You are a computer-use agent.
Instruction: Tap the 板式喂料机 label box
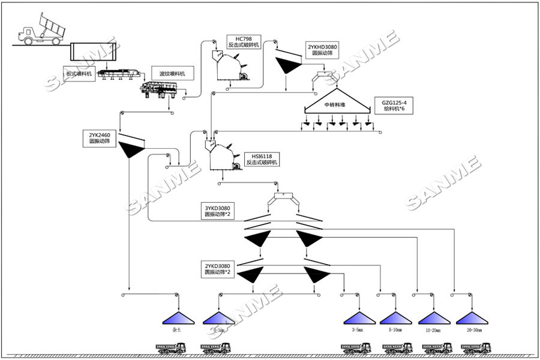point(79,74)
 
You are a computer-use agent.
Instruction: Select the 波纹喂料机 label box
point(172,73)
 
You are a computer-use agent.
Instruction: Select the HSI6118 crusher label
point(262,159)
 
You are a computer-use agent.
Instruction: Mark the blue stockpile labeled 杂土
point(176,318)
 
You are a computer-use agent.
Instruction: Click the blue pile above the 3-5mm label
point(358,318)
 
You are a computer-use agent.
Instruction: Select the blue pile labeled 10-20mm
point(433,318)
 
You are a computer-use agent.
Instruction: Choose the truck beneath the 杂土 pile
point(171,347)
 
